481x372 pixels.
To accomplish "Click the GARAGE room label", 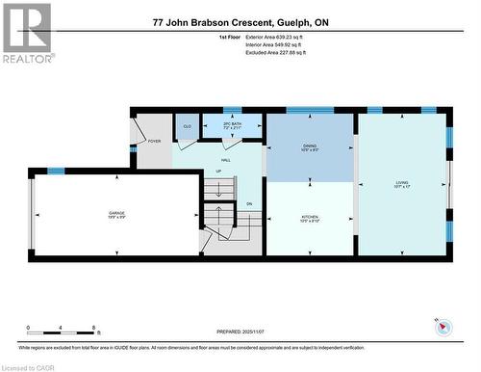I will tap(116, 213).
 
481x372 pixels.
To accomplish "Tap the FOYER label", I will tap(154, 142).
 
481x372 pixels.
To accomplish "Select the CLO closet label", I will tap(187, 126).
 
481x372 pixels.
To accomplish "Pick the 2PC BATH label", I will tap(231, 125).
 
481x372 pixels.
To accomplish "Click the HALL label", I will tap(226, 160).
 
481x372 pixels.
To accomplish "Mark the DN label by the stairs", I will tap(248, 203).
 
